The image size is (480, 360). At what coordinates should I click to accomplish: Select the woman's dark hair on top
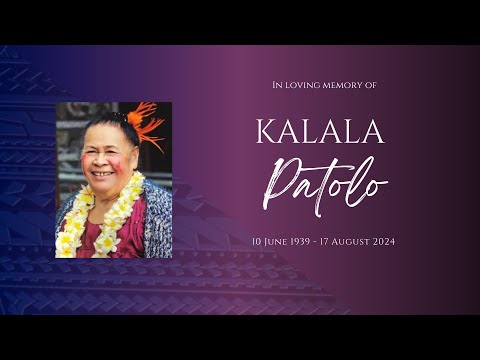pos(108,127)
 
